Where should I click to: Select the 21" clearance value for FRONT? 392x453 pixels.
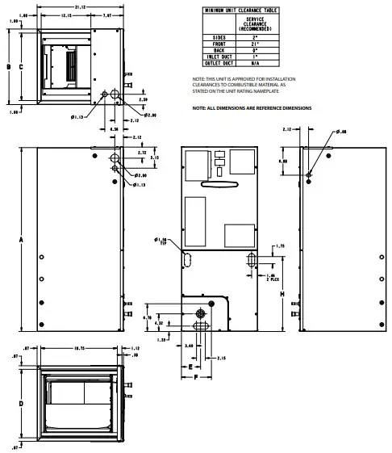pyautogui.click(x=254, y=44)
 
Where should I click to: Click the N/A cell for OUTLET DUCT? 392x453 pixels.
pyautogui.click(x=254, y=64)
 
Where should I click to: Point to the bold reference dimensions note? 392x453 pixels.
pyautogui.click(x=251, y=107)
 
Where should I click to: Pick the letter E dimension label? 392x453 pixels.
pyautogui.click(x=190, y=365)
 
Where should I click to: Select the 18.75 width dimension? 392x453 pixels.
pyautogui.click(x=79, y=349)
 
